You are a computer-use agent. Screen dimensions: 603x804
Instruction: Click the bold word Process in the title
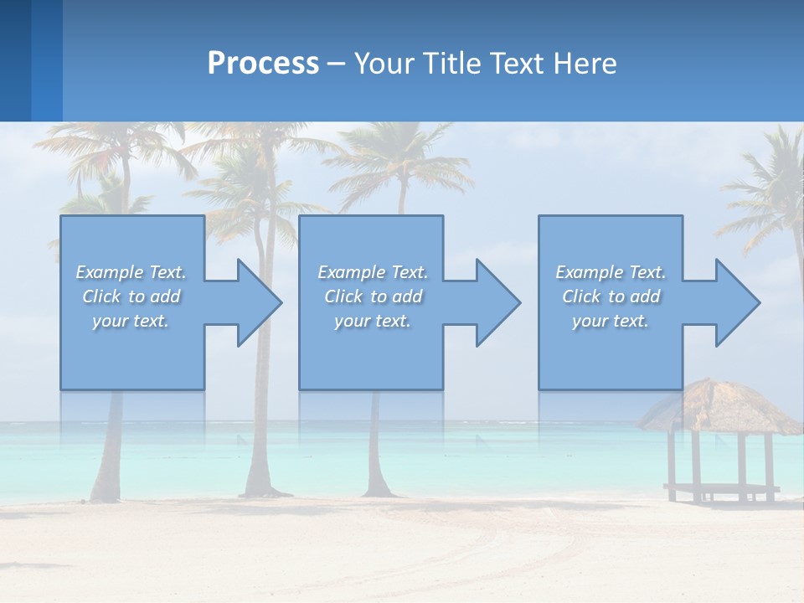click(263, 64)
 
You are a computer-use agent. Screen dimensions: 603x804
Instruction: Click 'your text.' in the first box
click(131, 321)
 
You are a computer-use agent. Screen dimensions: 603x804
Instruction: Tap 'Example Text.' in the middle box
click(373, 272)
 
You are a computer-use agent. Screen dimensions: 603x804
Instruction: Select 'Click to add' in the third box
click(611, 296)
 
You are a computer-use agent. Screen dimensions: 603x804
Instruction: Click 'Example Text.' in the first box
click(131, 272)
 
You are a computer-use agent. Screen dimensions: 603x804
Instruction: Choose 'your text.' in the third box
click(611, 321)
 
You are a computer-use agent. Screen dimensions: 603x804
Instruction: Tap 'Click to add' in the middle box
click(373, 296)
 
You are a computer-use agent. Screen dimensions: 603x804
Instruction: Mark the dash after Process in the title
click(336, 64)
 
